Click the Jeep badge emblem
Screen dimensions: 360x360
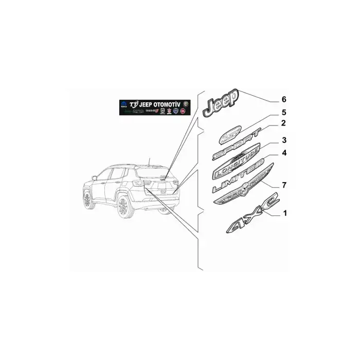click(221, 102)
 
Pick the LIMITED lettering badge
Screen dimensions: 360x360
click(238, 179)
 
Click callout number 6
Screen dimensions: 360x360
click(283, 99)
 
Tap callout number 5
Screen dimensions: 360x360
click(283, 112)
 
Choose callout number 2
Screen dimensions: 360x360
click(283, 123)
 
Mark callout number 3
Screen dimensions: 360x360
click(283, 140)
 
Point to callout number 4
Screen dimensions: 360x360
click(283, 153)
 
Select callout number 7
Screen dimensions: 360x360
click(283, 184)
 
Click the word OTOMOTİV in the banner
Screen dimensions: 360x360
click(170, 104)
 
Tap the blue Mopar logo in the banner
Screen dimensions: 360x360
click(124, 104)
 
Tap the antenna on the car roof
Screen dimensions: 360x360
click(148, 160)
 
